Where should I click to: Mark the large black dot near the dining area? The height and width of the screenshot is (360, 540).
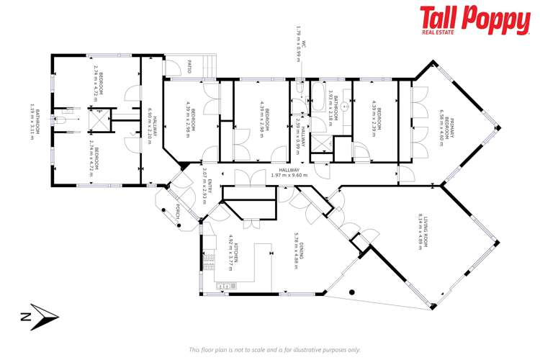pos(352,292)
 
